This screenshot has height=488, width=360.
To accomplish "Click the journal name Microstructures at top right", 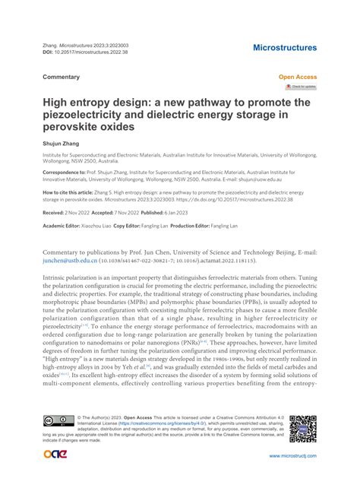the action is (x=285, y=48).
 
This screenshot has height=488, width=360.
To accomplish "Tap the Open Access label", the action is (x=298, y=78).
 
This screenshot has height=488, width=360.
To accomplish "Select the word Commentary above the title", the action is (x=62, y=78).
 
